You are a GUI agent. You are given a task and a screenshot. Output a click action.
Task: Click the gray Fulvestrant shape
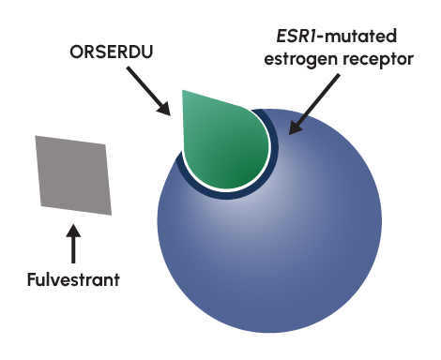point(73,174)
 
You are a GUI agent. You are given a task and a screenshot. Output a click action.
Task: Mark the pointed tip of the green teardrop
point(184,92)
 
